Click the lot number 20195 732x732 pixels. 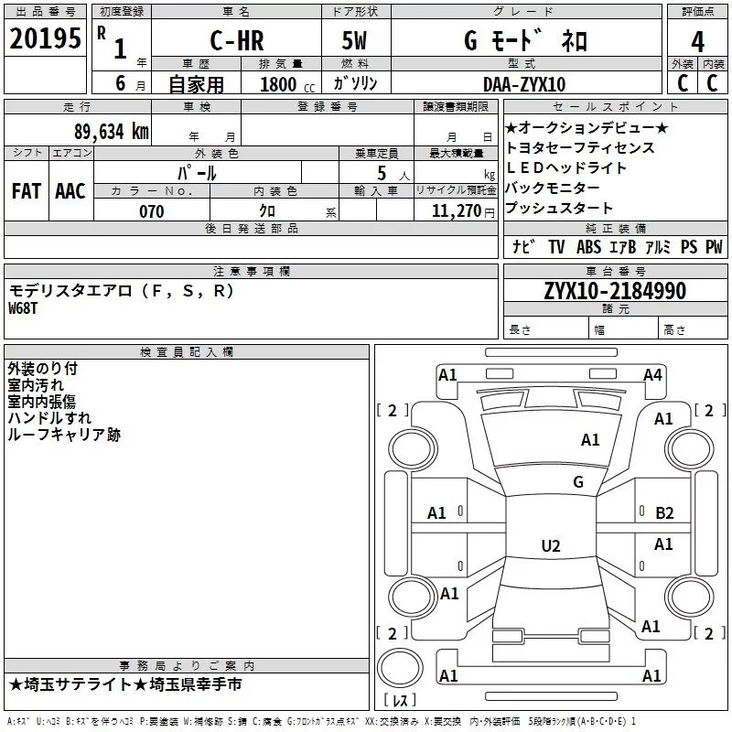[x=45, y=38]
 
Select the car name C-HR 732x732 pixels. [x=237, y=40]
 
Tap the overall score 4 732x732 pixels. [x=697, y=41]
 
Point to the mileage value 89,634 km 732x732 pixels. [x=111, y=131]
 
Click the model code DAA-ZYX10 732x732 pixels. [x=524, y=84]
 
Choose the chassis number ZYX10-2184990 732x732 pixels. [x=615, y=291]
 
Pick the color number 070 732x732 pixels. [x=151, y=211]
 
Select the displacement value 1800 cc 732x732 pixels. [x=287, y=84]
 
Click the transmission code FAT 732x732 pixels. [x=27, y=191]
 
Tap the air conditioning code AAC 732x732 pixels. [x=70, y=191]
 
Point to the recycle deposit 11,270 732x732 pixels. [x=456, y=211]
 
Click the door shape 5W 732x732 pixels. [x=354, y=40]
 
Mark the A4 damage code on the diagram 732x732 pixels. [x=652, y=375]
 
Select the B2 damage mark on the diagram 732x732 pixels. [x=664, y=513]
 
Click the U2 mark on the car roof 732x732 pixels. [x=551, y=545]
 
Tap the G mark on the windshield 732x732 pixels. [x=578, y=481]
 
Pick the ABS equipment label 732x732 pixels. [x=588, y=247]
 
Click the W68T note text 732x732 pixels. [x=23, y=308]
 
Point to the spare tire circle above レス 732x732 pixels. [x=400, y=668]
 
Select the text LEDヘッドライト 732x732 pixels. [x=565, y=167]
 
